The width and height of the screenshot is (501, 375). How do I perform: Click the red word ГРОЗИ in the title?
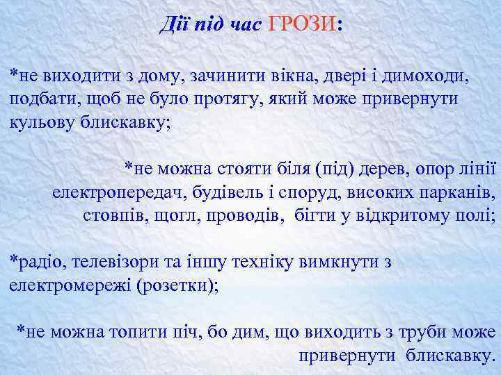[300, 25]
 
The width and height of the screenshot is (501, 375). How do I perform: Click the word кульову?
[42, 119]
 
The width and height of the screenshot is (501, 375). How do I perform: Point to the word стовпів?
[111, 215]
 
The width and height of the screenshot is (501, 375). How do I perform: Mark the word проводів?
[240, 215]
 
